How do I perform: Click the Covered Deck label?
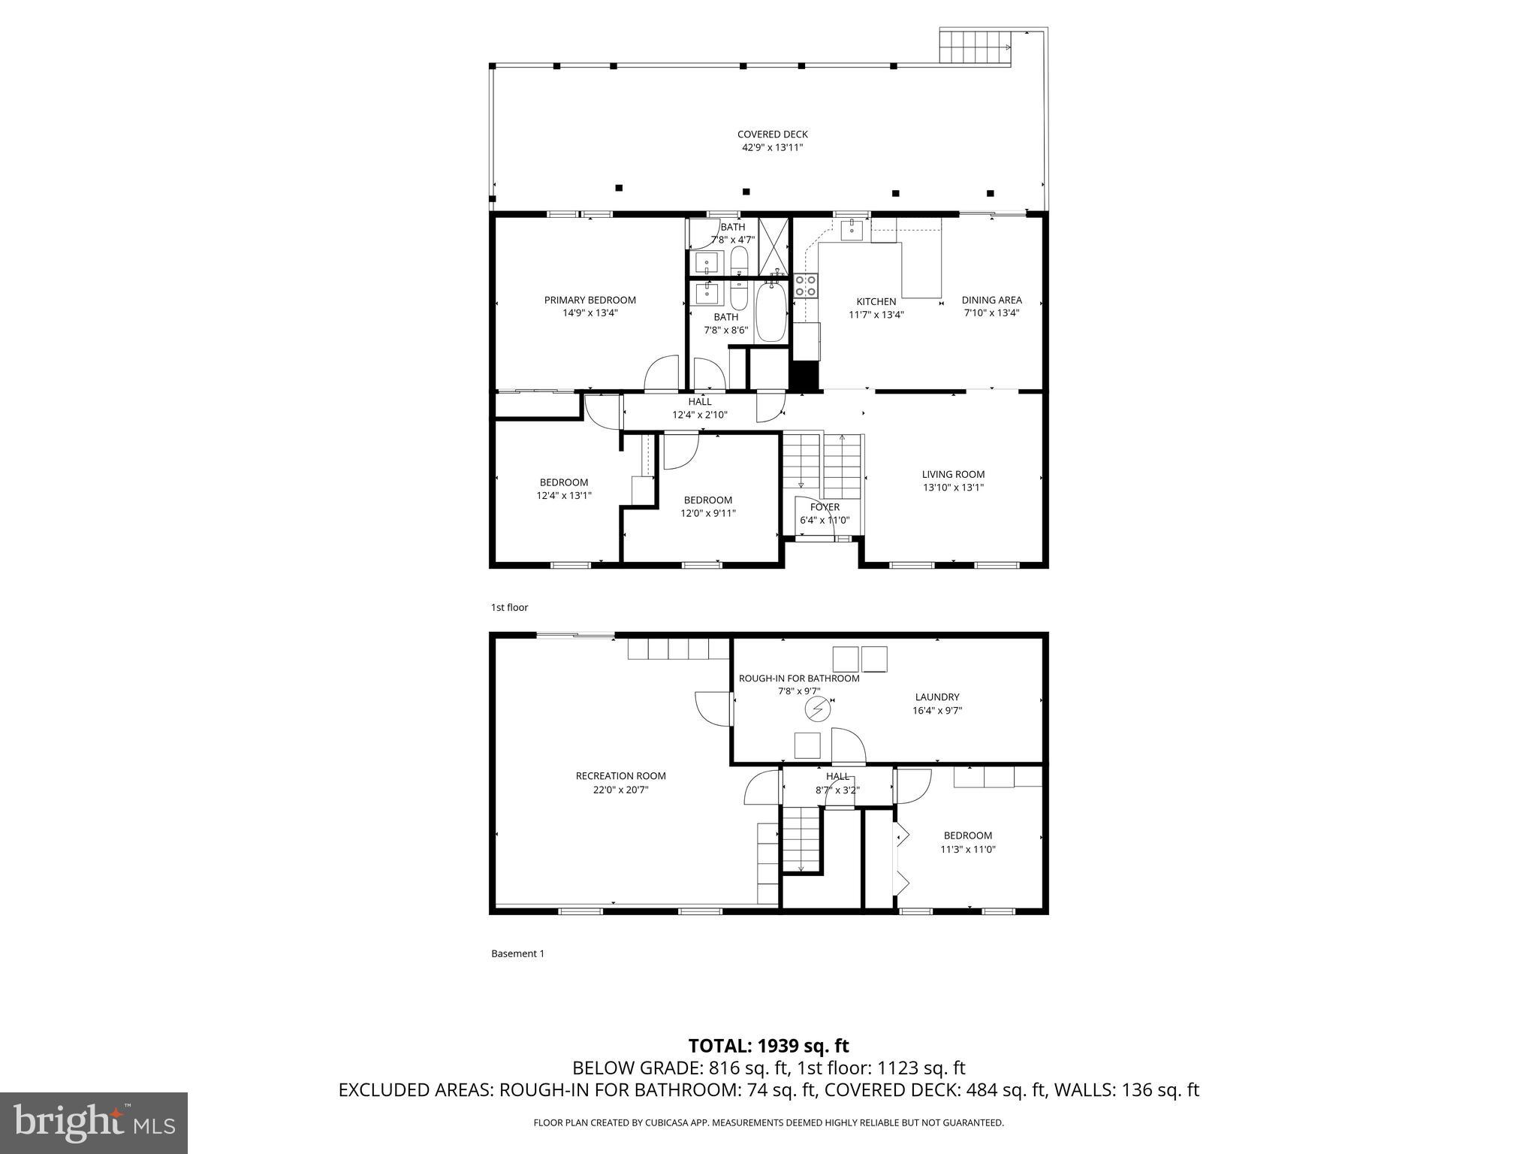click(x=772, y=135)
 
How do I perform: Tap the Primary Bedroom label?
click(x=590, y=300)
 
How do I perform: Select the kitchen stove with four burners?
click(x=806, y=285)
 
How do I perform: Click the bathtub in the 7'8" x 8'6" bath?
click(x=771, y=311)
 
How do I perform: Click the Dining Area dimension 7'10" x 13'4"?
click(x=991, y=313)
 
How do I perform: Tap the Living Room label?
click(x=953, y=474)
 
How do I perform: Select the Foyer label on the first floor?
click(x=825, y=507)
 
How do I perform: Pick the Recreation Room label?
click(x=620, y=776)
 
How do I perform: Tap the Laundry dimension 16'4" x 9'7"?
click(x=937, y=710)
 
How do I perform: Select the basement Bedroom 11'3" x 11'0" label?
click(x=967, y=835)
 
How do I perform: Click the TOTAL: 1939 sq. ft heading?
click(x=768, y=1046)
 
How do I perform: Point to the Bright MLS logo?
click(x=94, y=1122)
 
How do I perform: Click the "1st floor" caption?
click(x=509, y=607)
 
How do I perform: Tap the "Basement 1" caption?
click(x=517, y=953)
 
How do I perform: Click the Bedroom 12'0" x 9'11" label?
click(x=707, y=500)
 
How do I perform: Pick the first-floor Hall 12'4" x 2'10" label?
click(x=699, y=402)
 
